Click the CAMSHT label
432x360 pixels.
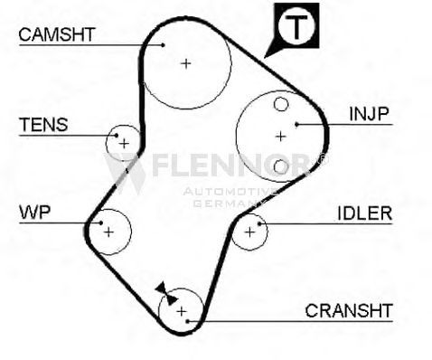point(57,34)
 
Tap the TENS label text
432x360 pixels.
point(43,125)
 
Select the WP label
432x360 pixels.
point(35,213)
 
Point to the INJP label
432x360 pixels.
point(369,114)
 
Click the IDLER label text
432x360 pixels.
point(365,213)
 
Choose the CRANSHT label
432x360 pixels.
point(349,310)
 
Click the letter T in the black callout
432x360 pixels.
point(296,26)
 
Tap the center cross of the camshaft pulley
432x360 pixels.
point(186,63)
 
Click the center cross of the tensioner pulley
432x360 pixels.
point(124,144)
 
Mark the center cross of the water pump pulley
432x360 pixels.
point(108,232)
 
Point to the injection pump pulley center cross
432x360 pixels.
point(281,137)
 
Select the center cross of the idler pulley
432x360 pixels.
point(249,232)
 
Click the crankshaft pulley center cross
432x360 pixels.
point(182,311)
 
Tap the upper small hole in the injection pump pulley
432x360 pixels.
point(281,104)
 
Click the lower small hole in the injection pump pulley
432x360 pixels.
point(281,166)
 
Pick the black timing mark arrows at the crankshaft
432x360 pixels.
point(166,294)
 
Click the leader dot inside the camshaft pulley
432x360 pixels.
point(163,45)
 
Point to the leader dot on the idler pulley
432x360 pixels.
point(259,223)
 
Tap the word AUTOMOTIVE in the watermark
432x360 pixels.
point(230,192)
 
